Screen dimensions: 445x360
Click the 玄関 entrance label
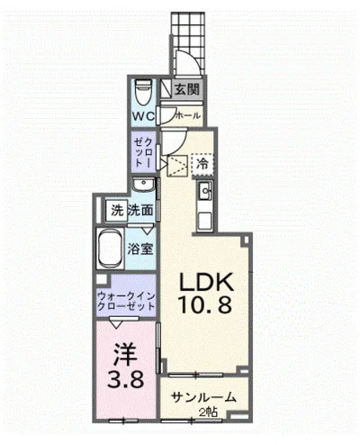coord(187,89)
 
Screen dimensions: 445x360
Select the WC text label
coord(143,118)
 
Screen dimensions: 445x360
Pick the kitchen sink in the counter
coord(204,190)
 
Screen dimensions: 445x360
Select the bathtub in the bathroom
coord(112,246)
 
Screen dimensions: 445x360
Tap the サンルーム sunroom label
coord(204,395)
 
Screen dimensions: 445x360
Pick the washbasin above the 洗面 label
coord(142,185)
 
